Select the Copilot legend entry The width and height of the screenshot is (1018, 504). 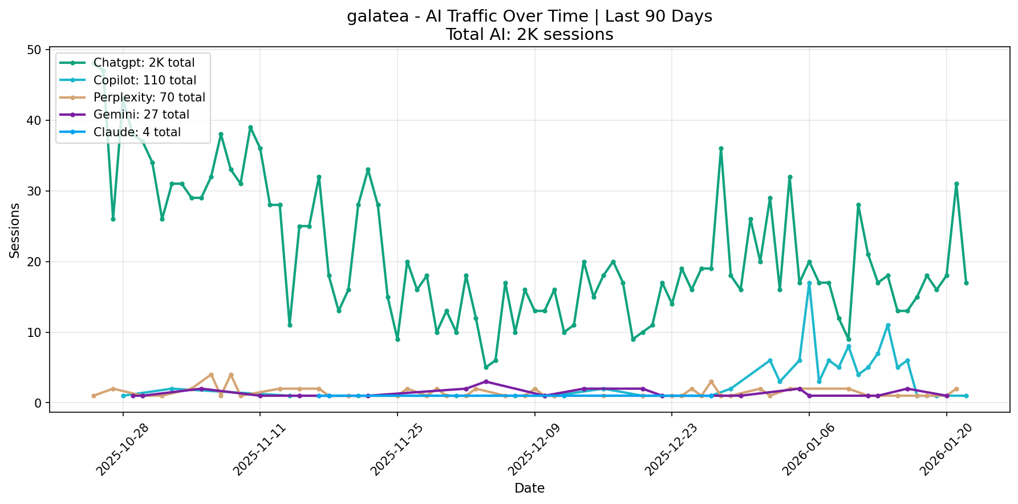144,80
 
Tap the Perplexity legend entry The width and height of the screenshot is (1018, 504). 149,97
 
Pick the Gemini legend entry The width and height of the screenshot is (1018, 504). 141,115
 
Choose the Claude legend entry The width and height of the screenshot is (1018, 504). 137,132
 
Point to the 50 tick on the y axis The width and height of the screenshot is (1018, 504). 35,50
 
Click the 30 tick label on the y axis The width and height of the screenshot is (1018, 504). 35,191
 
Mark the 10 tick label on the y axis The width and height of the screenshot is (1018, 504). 35,332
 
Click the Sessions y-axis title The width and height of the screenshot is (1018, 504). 15,230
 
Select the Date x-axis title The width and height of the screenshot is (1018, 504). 529,488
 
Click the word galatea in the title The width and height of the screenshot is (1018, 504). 378,17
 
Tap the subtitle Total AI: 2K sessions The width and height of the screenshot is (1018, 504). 529,35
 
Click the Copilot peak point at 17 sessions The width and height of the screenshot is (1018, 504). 809,283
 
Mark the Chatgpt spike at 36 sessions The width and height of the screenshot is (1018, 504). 721,148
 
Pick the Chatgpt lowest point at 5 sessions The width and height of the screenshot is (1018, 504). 486,368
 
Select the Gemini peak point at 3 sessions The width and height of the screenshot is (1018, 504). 486,381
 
